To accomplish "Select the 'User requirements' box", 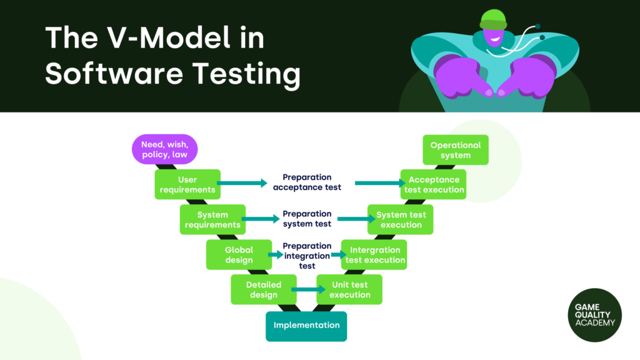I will click(187, 184).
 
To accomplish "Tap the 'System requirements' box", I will click(212, 219).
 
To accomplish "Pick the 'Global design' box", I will click(239, 254).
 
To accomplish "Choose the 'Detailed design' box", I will click(264, 289).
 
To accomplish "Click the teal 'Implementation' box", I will click(306, 326).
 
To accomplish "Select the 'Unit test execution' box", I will click(349, 289).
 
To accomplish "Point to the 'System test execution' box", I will click(401, 219).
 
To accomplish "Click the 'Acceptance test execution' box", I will click(434, 184).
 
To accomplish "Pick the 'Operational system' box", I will click(455, 150).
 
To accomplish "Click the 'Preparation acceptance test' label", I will click(307, 182).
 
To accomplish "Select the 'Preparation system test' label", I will click(307, 219).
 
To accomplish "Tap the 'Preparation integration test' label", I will click(307, 255).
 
